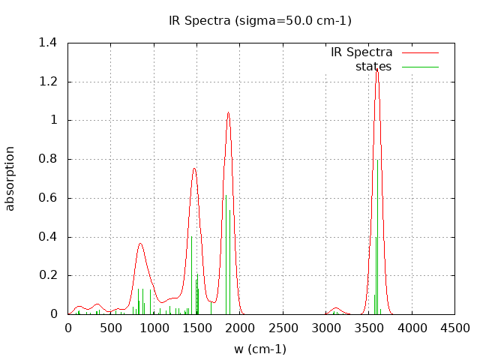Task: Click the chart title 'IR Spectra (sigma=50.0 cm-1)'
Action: coord(259,20)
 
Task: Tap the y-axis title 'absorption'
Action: coord(10,178)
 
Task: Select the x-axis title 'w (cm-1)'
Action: coord(259,349)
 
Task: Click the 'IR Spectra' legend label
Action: coord(361,52)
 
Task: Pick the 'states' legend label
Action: coord(373,67)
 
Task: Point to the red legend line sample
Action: coord(419,52)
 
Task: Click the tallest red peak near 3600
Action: coord(377,69)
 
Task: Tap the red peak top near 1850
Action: coord(228,112)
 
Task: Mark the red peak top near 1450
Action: coord(193,168)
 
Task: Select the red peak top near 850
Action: coord(140,243)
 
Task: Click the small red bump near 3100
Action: coord(335,308)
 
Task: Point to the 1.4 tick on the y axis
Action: coord(48,43)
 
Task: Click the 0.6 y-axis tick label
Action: coord(48,198)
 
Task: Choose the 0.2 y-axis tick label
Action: coord(48,275)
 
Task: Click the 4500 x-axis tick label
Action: coord(454,328)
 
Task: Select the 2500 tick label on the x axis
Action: coord(283,328)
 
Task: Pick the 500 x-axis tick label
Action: coord(111,328)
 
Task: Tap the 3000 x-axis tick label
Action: coord(325,328)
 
